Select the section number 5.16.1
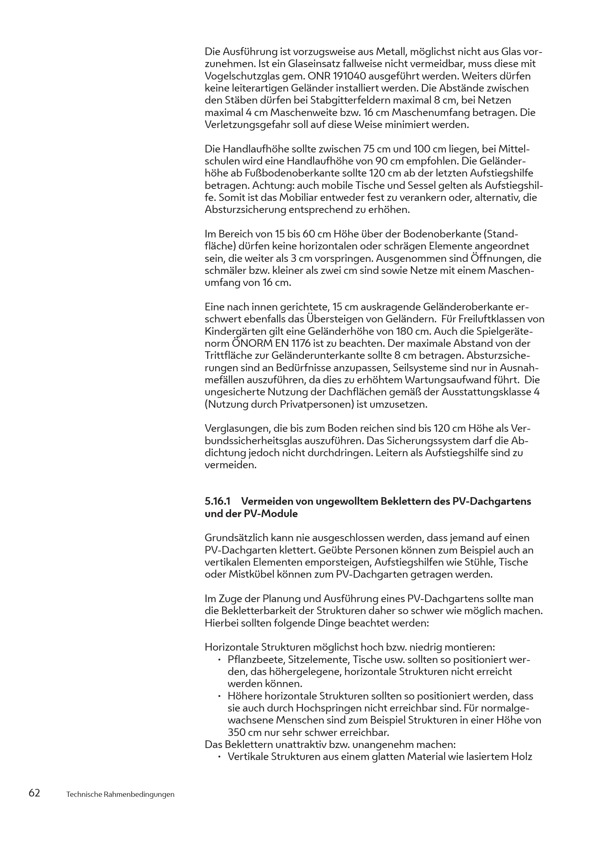(218, 501)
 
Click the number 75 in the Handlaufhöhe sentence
(367, 149)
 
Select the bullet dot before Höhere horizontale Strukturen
(220, 696)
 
